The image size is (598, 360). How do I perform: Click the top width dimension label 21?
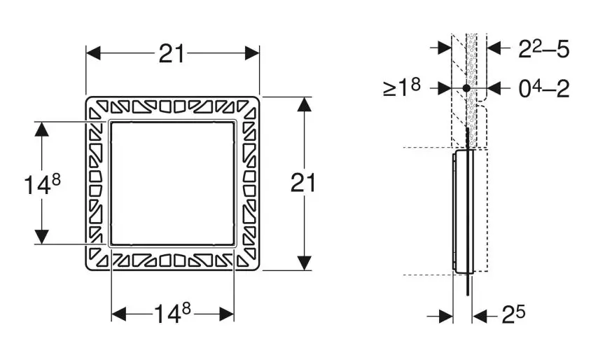[172, 54]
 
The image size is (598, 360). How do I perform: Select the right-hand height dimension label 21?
[303, 183]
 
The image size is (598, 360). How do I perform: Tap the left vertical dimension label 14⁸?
[42, 184]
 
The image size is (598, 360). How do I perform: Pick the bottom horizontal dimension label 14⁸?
[172, 314]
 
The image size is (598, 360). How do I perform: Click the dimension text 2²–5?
[544, 49]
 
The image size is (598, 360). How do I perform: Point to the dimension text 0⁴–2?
[544, 88]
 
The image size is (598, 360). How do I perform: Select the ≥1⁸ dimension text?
[402, 88]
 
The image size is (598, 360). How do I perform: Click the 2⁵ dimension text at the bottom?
[513, 314]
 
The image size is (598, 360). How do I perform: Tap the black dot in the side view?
[466, 88]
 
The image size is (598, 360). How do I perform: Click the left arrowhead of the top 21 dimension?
[93, 53]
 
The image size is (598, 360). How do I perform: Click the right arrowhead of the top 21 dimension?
[252, 53]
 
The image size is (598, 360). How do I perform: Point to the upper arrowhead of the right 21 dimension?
[304, 104]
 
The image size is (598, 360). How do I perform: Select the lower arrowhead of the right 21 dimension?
[304, 263]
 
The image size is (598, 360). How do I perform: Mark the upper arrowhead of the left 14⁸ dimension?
[41, 129]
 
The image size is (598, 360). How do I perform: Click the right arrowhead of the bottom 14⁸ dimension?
[227, 314]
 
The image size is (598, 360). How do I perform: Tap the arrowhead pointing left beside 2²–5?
[494, 48]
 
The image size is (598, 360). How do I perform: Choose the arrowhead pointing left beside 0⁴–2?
[494, 88]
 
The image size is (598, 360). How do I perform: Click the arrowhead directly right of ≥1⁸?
[445, 88]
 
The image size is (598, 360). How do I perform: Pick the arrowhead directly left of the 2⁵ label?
[480, 316]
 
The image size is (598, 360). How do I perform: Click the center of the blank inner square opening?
[172, 183]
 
